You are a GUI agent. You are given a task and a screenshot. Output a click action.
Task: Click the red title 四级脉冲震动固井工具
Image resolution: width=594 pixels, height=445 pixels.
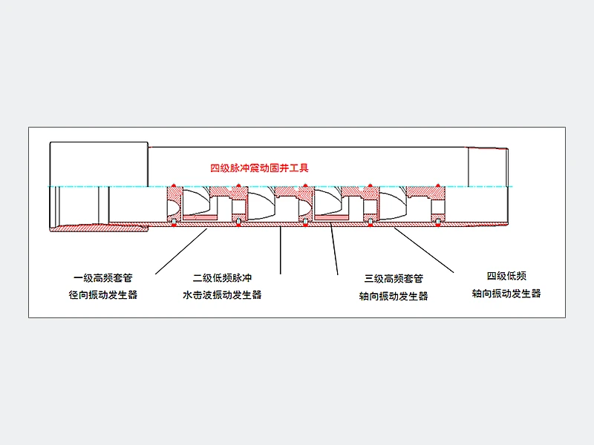[x=259, y=168]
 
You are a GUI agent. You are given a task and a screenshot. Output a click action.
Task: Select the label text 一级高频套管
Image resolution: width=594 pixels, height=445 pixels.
[x=103, y=278]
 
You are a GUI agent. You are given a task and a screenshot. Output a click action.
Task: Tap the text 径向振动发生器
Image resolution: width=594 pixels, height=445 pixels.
[x=103, y=294]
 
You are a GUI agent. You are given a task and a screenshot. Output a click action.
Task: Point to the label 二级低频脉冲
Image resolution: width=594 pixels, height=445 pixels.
[x=222, y=278]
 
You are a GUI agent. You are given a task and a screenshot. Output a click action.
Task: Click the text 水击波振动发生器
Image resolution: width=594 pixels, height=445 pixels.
[x=222, y=294]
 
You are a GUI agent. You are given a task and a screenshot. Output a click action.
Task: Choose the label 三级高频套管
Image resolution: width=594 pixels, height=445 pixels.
[x=394, y=279]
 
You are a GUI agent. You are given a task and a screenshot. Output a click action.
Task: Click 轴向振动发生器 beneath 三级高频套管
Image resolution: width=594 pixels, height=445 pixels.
[x=394, y=296]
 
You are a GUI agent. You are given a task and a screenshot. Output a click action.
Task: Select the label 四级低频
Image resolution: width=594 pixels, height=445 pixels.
[x=506, y=276]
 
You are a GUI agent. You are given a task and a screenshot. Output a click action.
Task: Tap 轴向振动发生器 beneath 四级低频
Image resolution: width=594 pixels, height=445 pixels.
[x=506, y=293]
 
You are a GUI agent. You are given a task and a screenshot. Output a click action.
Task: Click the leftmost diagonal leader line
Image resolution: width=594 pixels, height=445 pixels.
[x=181, y=251]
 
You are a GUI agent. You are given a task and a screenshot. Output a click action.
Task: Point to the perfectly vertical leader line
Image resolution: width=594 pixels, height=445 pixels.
[x=281, y=250]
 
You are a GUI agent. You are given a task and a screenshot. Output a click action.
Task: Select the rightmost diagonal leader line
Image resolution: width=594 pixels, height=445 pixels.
[x=424, y=250]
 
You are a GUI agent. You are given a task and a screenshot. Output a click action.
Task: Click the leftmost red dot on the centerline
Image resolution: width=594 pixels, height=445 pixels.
[x=174, y=185]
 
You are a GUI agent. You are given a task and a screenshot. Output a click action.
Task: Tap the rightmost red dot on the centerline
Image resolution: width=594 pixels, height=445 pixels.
[x=438, y=185]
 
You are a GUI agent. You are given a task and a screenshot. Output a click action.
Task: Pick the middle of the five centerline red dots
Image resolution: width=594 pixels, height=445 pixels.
[x=305, y=185]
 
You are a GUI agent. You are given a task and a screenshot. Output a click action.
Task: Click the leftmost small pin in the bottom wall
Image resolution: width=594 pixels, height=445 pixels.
[x=174, y=222]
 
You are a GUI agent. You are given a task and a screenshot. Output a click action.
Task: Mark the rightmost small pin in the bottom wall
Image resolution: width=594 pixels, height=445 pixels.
[x=438, y=222]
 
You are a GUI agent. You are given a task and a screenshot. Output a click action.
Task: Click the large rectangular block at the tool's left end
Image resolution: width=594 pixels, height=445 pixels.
[x=99, y=164]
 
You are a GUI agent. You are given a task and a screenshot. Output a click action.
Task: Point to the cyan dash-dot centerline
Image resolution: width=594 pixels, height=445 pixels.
[x=281, y=187]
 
